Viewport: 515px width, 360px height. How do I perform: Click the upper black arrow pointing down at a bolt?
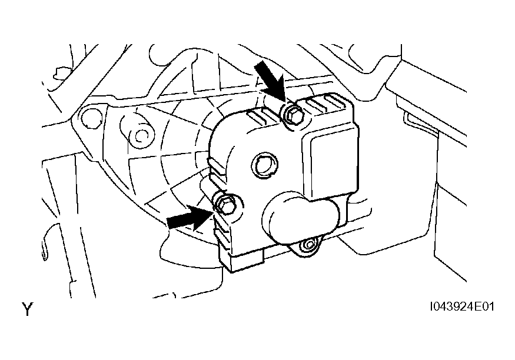(x=270, y=78)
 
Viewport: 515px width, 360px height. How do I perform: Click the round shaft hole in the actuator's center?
(x=264, y=165)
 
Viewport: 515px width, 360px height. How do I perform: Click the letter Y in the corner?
(x=28, y=309)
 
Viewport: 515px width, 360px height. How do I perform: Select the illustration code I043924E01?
(x=462, y=306)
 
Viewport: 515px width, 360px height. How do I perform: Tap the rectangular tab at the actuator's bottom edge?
(x=247, y=262)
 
